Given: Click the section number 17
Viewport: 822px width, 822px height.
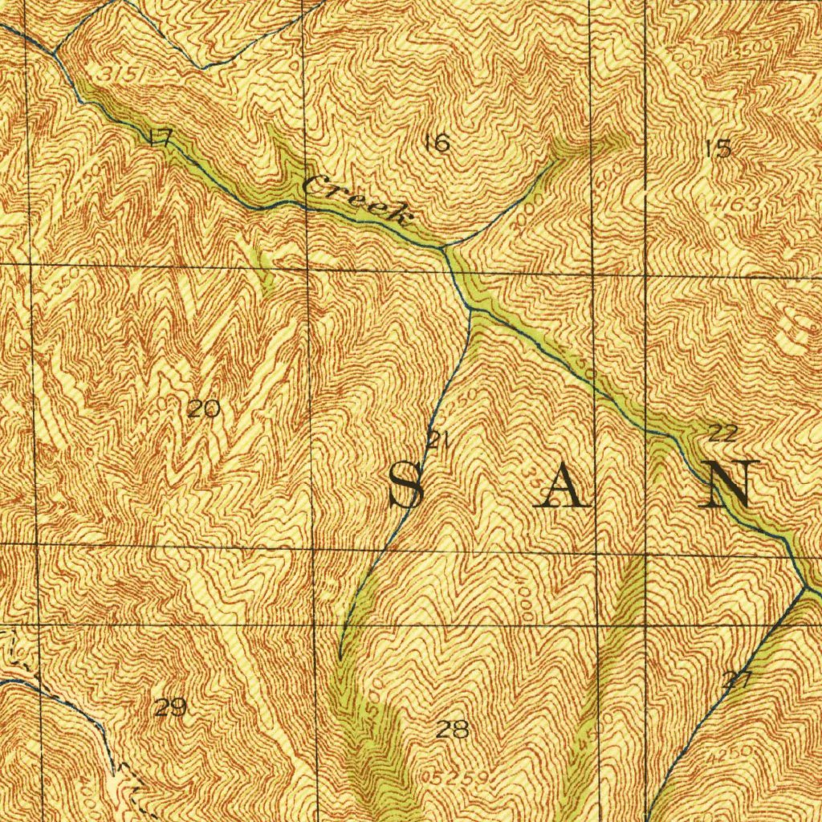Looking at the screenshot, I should tap(161, 137).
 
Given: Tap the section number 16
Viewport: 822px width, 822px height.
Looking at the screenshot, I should tap(437, 144).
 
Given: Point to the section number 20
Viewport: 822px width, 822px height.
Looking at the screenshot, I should tap(203, 409).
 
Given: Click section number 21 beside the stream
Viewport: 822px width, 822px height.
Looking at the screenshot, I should tap(437, 439).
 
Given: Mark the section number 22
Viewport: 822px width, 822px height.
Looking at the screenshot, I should tap(723, 433).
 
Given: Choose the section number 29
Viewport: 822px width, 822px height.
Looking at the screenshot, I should tap(170, 707).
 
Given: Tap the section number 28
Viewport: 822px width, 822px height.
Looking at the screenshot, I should tap(452, 729).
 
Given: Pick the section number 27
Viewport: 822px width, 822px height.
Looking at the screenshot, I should tap(736, 681).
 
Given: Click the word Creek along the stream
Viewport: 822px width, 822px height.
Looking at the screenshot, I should tap(356, 200).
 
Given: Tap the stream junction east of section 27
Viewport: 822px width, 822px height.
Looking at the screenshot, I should tap(804, 587).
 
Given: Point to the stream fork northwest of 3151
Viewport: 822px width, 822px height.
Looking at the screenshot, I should tap(54, 53).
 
